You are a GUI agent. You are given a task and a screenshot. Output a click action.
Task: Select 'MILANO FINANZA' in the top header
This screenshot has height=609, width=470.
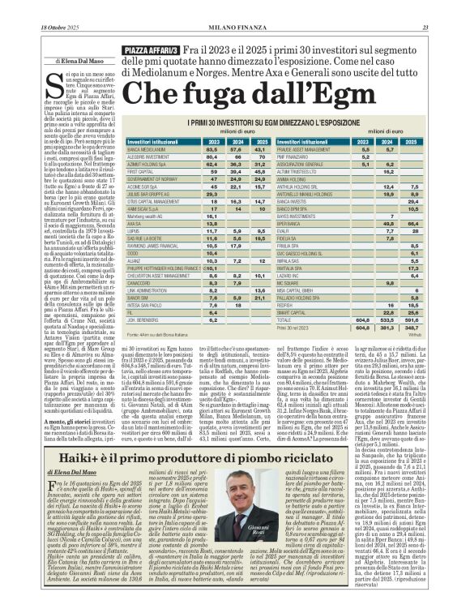pos(235,6)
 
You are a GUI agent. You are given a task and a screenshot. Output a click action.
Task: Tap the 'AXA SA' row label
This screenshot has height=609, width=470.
pos(135,247)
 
